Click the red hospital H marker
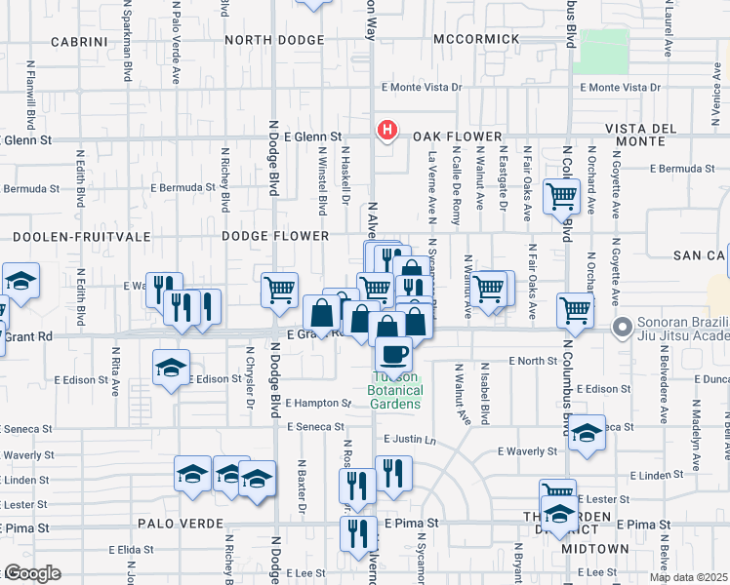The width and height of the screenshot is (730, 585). pyautogui.click(x=387, y=130)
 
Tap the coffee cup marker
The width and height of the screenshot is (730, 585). pyautogui.click(x=393, y=354)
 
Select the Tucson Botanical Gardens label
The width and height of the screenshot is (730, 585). pyautogui.click(x=394, y=390)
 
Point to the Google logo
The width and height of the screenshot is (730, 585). pyautogui.click(x=31, y=574)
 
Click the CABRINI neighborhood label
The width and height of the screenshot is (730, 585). pyautogui.click(x=78, y=41)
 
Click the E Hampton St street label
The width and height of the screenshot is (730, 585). pyautogui.click(x=318, y=403)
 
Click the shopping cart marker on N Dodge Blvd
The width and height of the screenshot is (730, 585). pyautogui.click(x=279, y=289)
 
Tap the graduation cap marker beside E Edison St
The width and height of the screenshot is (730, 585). pyautogui.click(x=171, y=369)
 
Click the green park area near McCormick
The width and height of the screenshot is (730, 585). pyautogui.click(x=600, y=51)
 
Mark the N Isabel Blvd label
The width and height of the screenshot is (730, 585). pyautogui.click(x=484, y=381)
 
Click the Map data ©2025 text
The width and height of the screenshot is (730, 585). pyautogui.click(x=688, y=577)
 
